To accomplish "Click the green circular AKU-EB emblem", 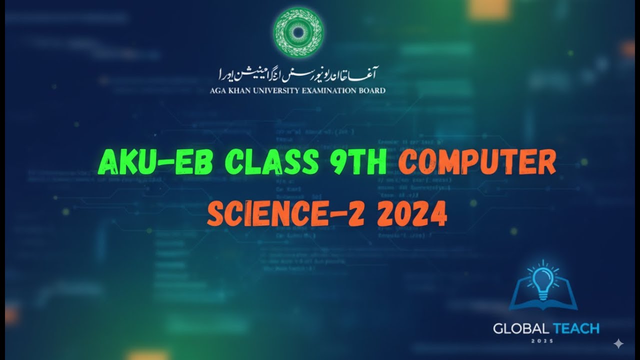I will click(x=298, y=32).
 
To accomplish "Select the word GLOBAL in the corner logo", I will click(x=520, y=328).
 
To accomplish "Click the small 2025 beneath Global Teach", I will click(x=546, y=342).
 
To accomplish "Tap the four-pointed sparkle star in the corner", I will click(x=618, y=343).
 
